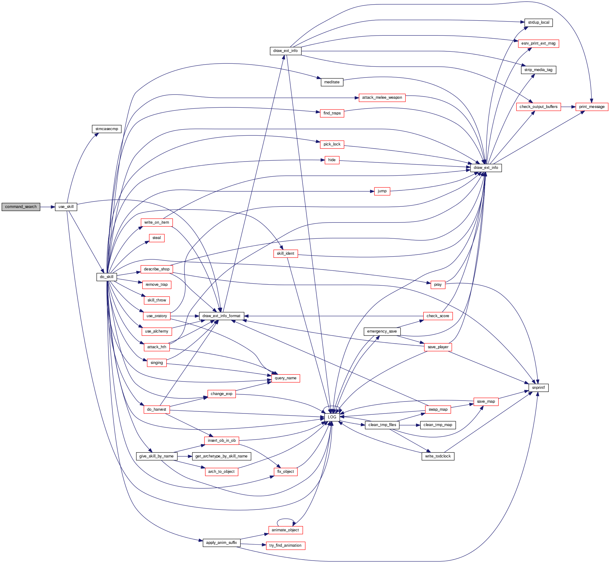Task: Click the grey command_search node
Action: (21, 207)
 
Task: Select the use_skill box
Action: (66, 207)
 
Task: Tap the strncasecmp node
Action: (107, 129)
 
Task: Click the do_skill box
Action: (107, 277)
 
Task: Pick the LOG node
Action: (332, 417)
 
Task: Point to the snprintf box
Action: (538, 388)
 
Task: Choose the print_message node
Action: (592, 107)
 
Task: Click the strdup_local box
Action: (539, 22)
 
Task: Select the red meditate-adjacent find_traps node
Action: (332, 113)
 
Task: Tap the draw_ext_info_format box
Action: (221, 316)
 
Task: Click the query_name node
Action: (285, 378)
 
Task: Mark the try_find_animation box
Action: (285, 545)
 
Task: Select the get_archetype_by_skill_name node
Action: (221, 456)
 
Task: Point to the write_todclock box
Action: (438, 456)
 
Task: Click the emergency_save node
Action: (382, 331)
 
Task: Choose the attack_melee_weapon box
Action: (382, 98)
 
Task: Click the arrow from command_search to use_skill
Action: (47, 207)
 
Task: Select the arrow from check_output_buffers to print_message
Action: (568, 107)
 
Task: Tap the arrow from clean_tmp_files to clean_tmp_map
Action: (410, 425)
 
